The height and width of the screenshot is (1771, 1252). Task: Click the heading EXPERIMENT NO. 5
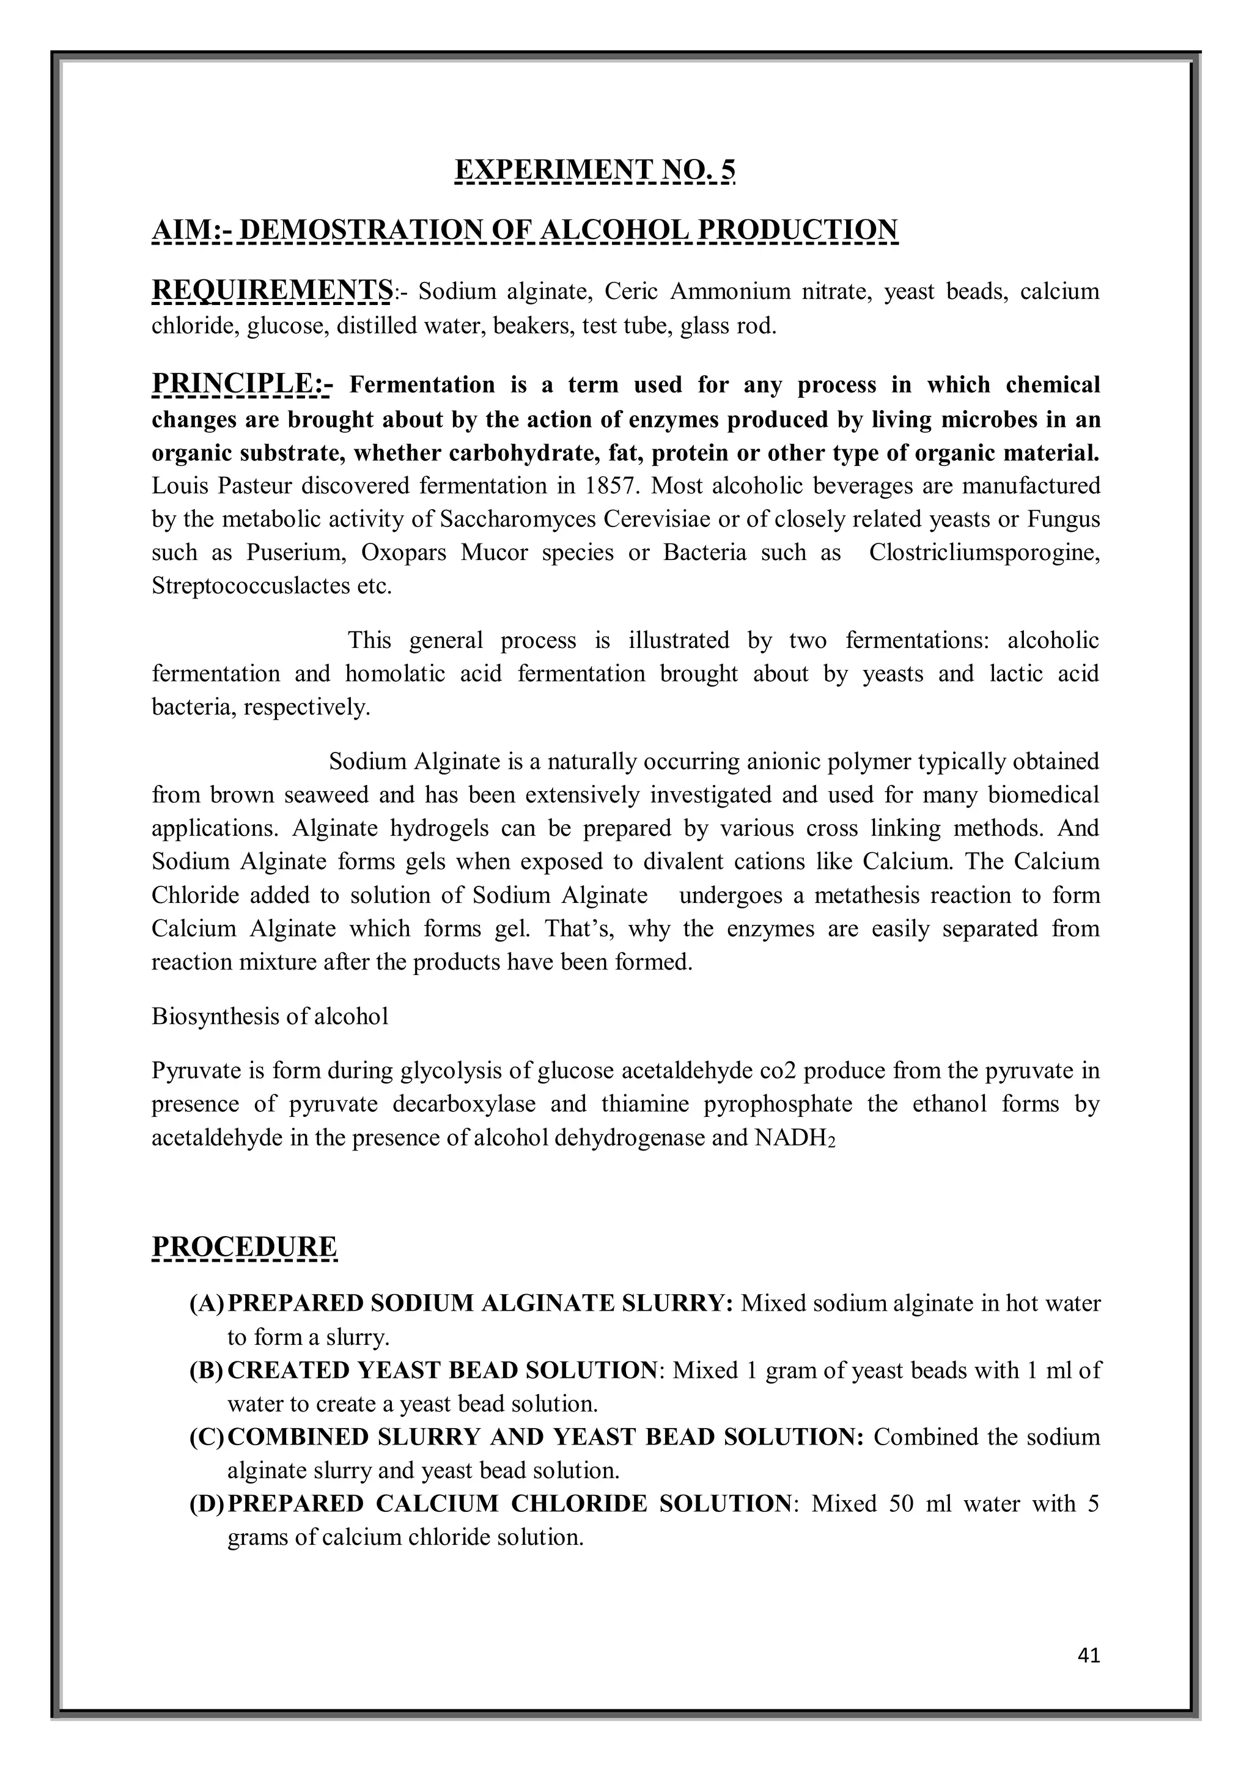coord(595,169)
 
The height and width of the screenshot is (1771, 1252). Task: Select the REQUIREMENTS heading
coord(271,291)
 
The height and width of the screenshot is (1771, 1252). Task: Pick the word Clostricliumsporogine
coord(984,552)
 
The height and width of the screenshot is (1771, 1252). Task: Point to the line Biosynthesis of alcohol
coord(270,1016)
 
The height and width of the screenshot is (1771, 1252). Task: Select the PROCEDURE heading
coord(245,1246)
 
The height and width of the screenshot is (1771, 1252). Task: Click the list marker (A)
coord(206,1303)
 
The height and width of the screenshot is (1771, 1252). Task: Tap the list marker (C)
coord(206,1436)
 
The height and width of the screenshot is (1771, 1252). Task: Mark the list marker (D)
coord(206,1503)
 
